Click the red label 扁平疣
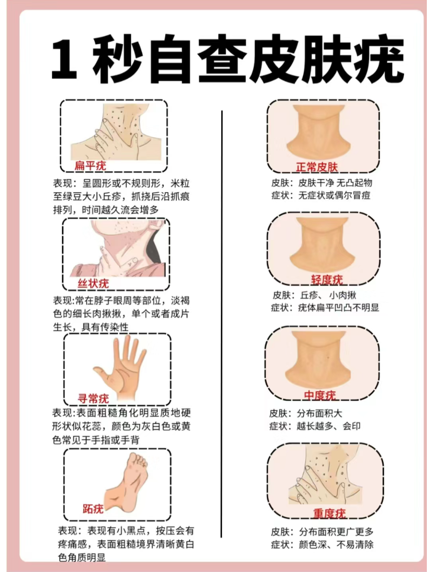90,166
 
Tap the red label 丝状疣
93,283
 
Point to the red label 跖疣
93,508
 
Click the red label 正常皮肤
317,167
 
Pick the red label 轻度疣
327,280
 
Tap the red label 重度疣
330,513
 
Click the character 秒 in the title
118,59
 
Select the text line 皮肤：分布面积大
306,413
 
